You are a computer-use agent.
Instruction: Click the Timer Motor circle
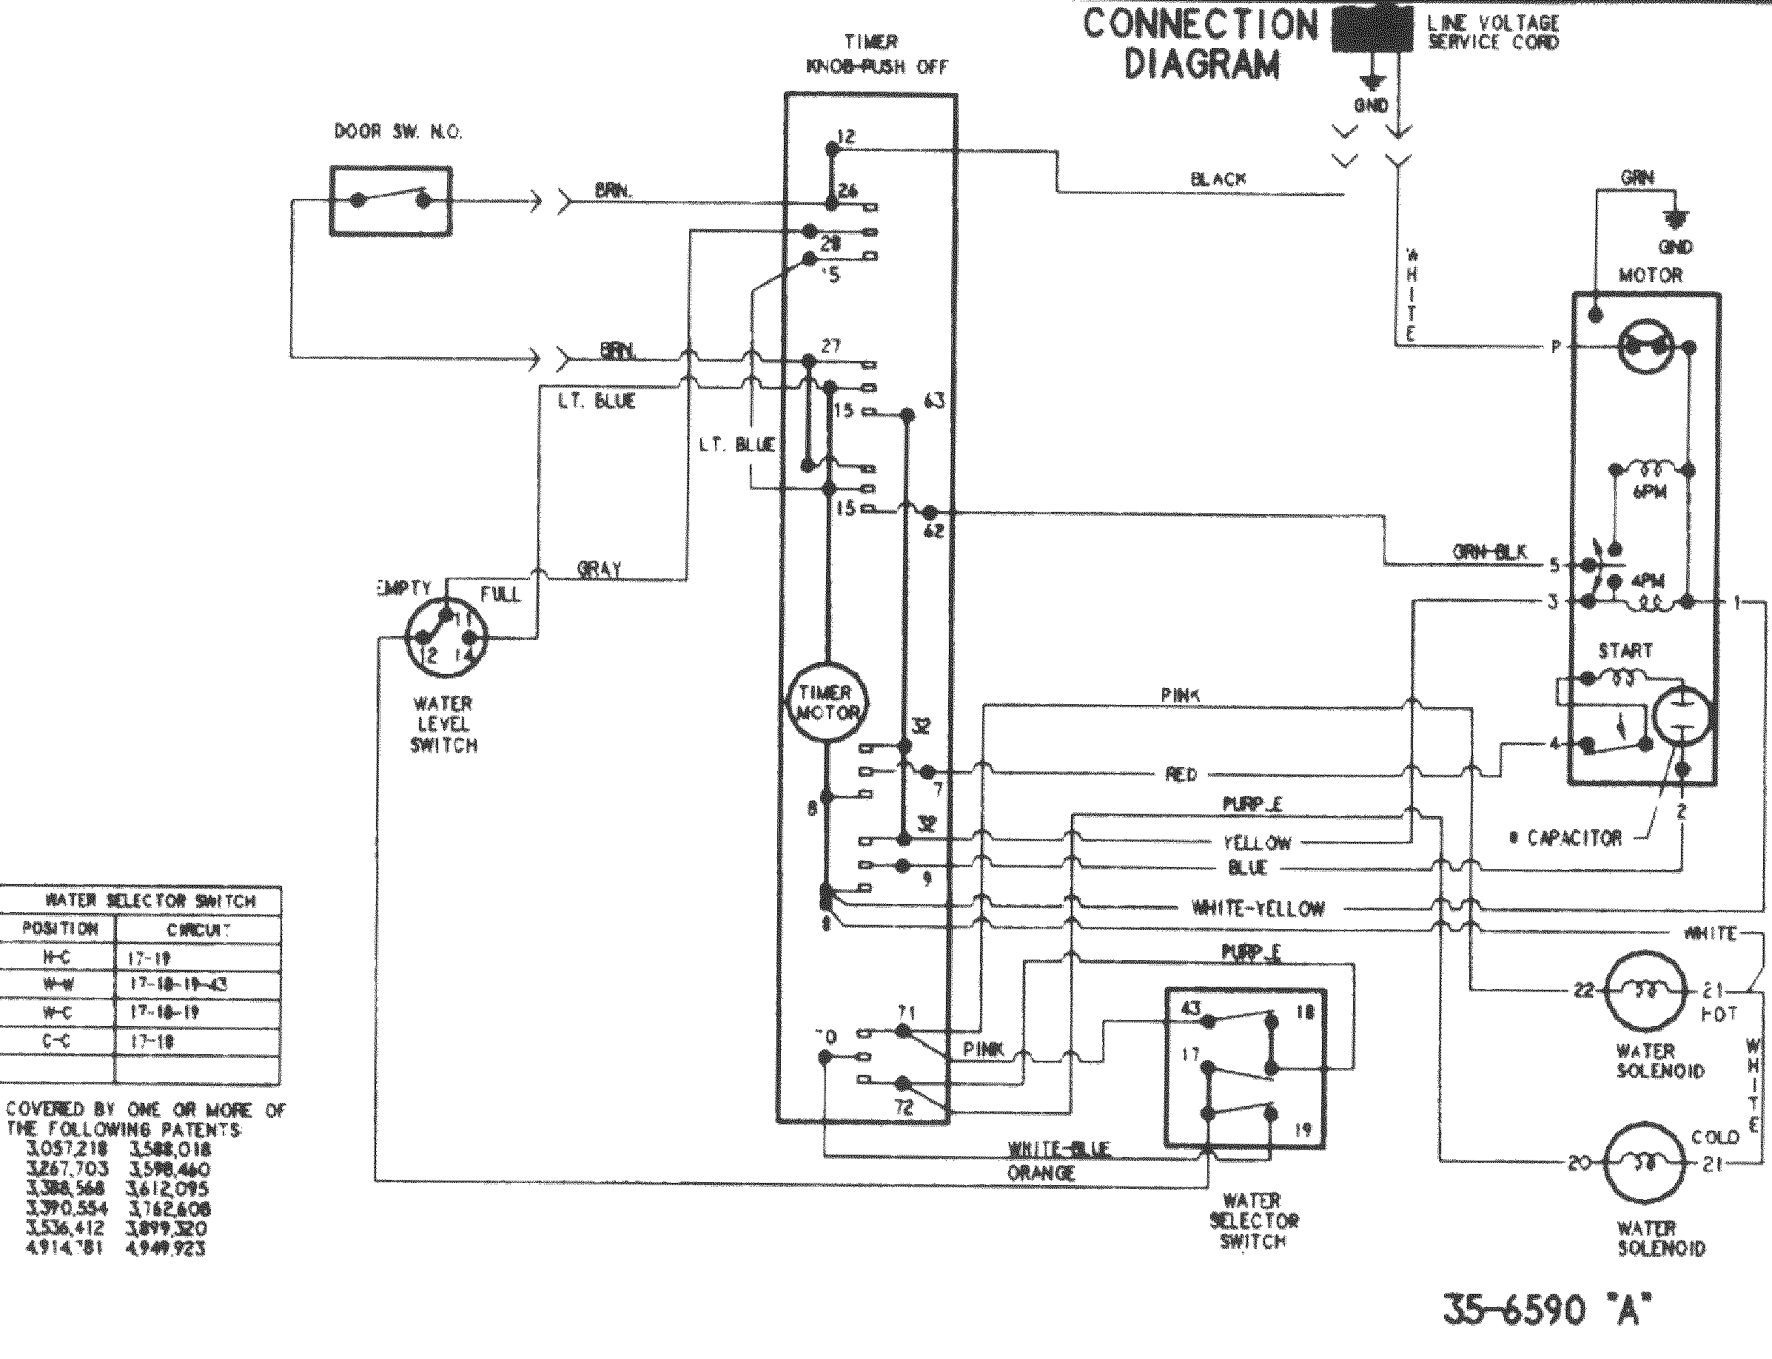point(826,702)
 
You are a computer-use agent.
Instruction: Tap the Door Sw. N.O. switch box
point(391,200)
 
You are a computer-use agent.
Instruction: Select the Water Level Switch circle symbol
point(443,639)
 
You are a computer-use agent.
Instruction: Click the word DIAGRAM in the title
point(1201,64)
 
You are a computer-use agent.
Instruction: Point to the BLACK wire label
point(1218,180)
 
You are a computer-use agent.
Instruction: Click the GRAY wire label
point(599,570)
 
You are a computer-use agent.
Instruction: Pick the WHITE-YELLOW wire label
point(1258,908)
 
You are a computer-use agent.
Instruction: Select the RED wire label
point(1181,775)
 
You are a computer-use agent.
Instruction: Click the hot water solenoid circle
point(1645,991)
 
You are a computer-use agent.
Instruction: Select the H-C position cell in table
point(57,958)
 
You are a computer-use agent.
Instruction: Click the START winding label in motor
point(1625,650)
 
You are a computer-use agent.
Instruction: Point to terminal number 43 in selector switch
point(1191,1008)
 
